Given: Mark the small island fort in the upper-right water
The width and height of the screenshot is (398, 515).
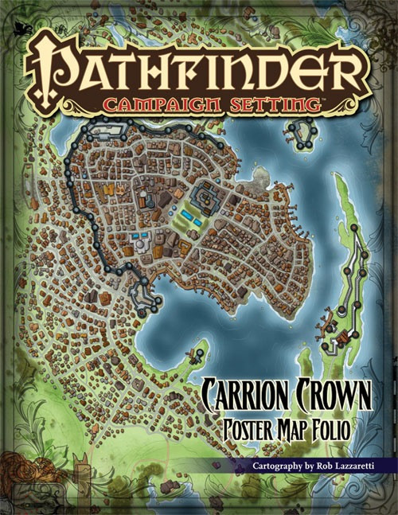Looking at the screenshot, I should (x=302, y=134).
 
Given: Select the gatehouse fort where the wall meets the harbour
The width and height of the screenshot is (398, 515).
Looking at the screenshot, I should (x=146, y=299).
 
